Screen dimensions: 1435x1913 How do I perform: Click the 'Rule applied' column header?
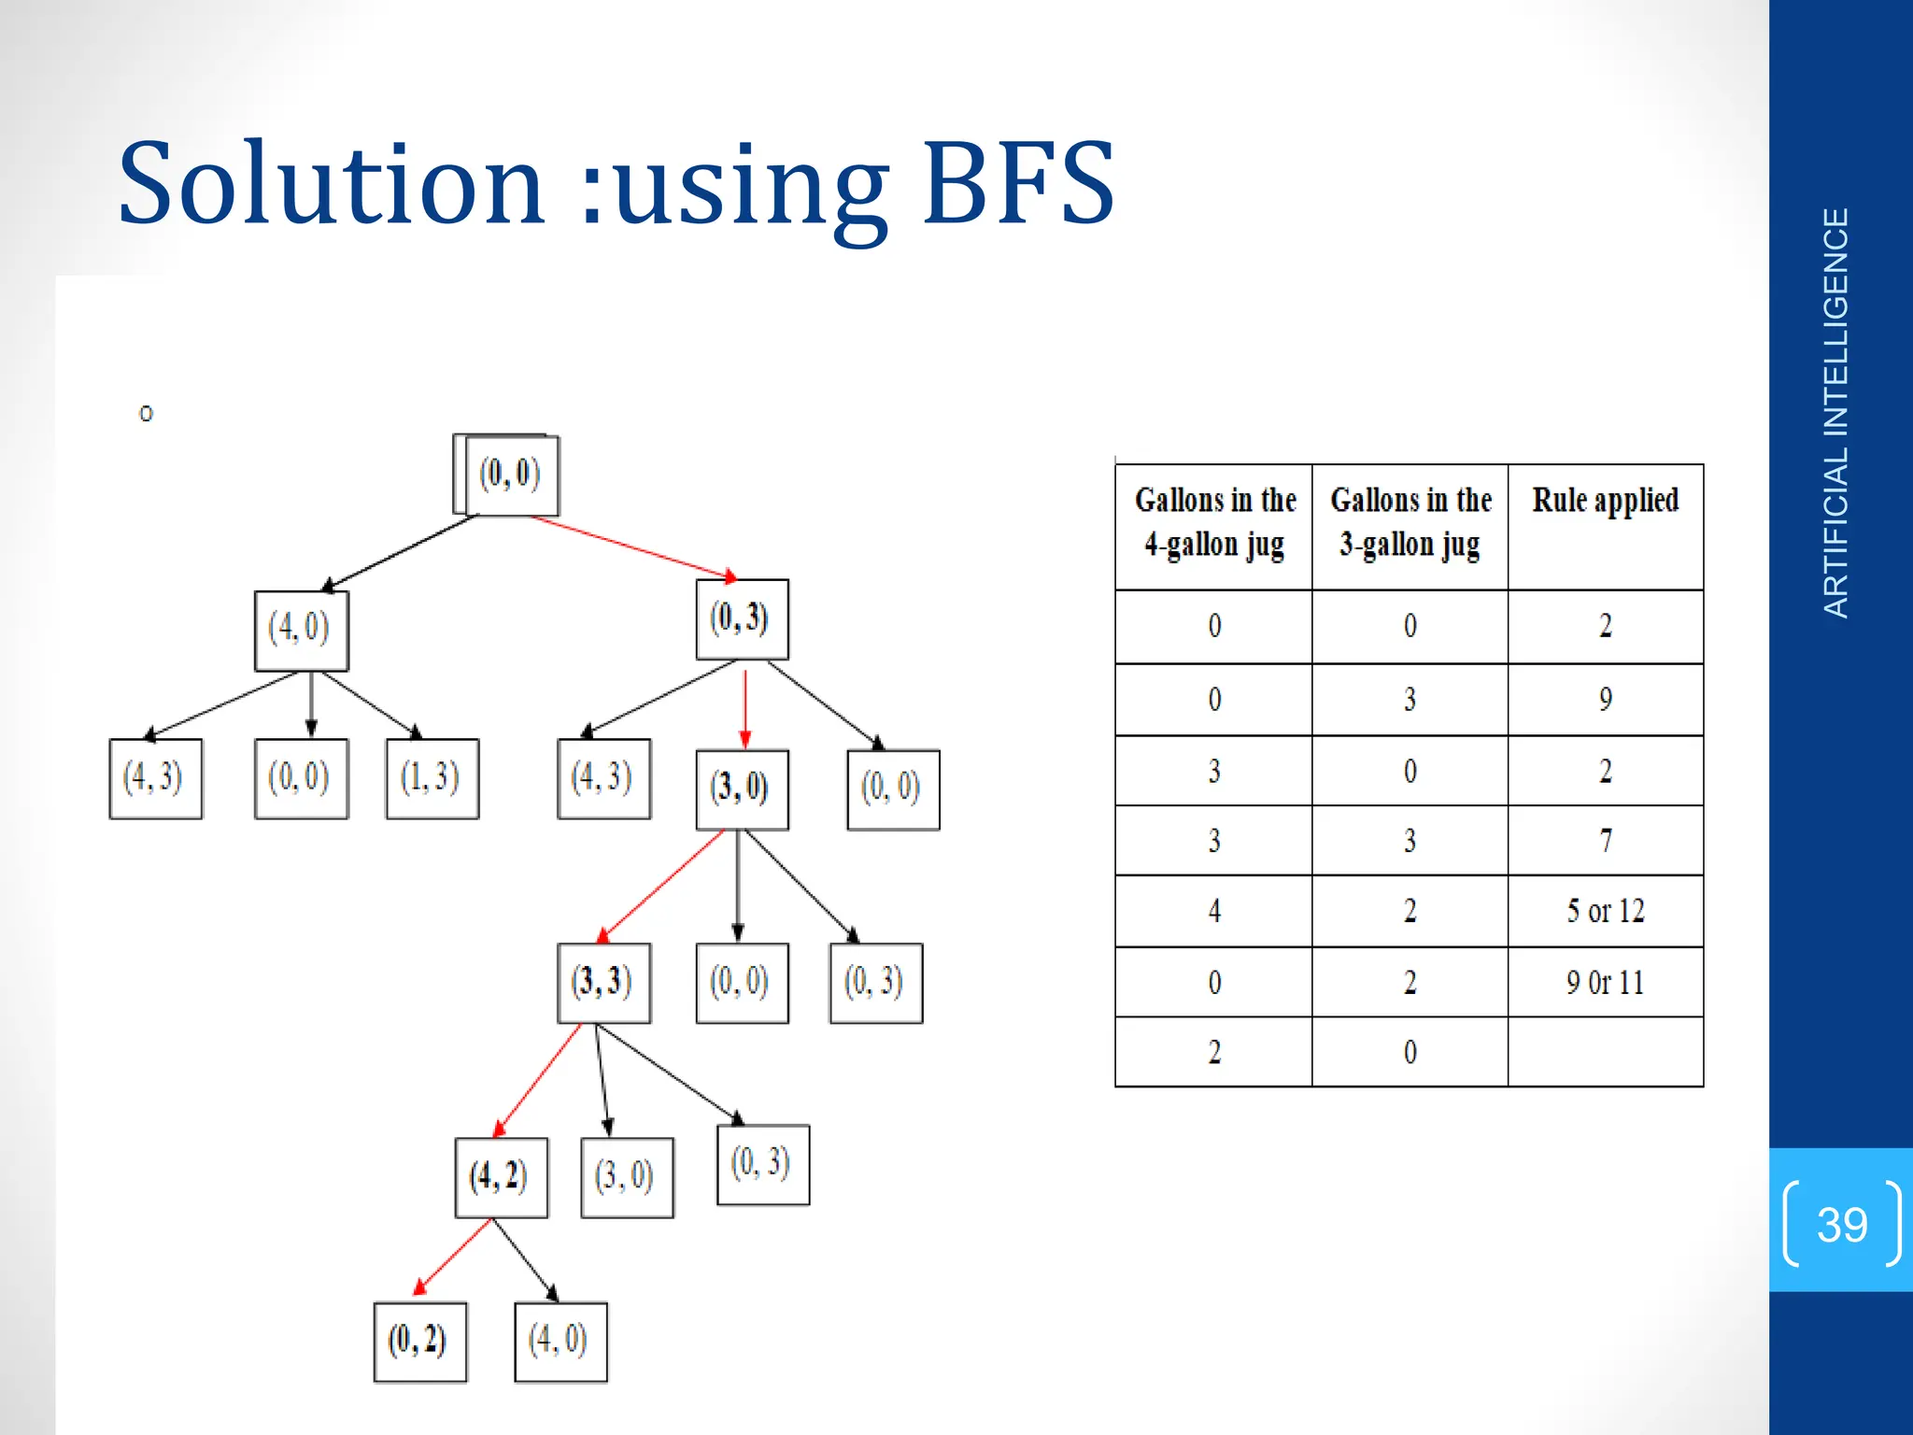pyautogui.click(x=1605, y=501)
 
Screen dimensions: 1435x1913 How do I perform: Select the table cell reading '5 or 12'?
pyautogui.click(x=1605, y=911)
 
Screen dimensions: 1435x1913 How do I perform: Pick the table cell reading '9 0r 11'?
pyautogui.click(x=1605, y=983)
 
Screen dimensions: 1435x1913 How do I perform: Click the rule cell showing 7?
pyautogui.click(x=1605, y=841)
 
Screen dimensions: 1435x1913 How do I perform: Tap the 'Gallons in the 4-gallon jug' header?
pyautogui.click(x=1214, y=522)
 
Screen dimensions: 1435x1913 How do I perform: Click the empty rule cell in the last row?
pyautogui.click(x=1605, y=1053)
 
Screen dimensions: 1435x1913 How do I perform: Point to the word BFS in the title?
pyautogui.click(x=1018, y=184)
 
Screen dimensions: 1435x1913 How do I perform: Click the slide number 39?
pyautogui.click(x=1841, y=1224)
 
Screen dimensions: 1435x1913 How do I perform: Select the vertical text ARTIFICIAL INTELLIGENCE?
pyautogui.click(x=1836, y=413)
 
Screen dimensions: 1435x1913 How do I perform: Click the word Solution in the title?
pyautogui.click(x=332, y=184)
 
